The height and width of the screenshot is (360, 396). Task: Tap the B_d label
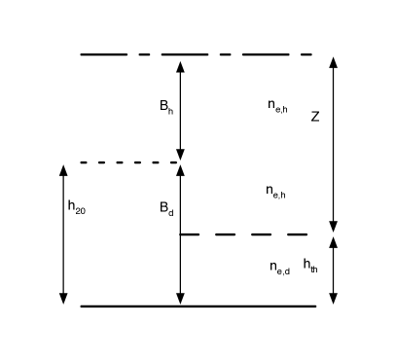point(166,208)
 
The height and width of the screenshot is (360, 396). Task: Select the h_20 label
point(77,206)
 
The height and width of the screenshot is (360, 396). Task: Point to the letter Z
point(315,116)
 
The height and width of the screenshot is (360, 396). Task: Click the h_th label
point(309,264)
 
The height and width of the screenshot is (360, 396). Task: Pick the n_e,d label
point(279,266)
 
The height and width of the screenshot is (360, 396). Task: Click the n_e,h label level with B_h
point(277,106)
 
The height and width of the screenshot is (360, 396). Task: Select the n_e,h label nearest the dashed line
point(275,192)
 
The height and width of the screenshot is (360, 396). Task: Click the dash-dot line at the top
point(195,54)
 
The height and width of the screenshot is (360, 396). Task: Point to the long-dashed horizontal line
point(244,234)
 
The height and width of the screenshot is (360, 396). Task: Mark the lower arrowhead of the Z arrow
point(334,227)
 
